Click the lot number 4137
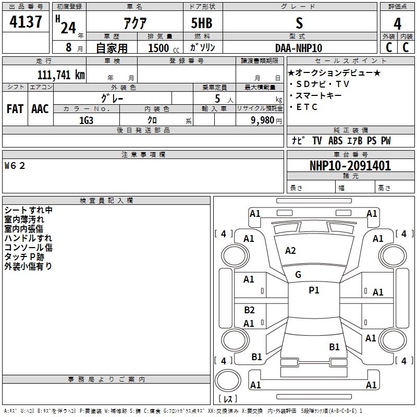(x=26, y=23)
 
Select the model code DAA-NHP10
(x=299, y=47)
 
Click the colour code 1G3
(x=86, y=119)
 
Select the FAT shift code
(x=15, y=109)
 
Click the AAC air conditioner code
(x=40, y=109)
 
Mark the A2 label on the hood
(x=290, y=251)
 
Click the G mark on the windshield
(x=298, y=275)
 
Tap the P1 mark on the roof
(x=314, y=290)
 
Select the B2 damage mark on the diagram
(x=249, y=310)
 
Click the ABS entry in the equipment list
(x=335, y=141)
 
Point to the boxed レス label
(x=228, y=399)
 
